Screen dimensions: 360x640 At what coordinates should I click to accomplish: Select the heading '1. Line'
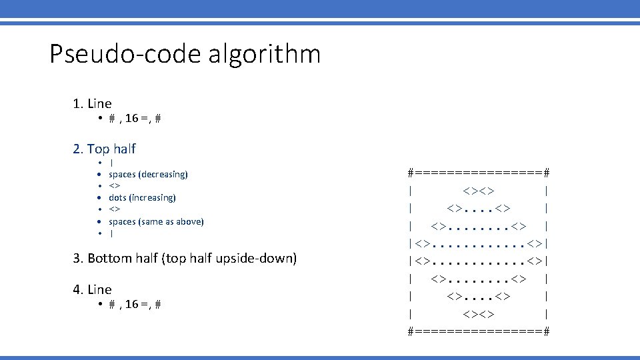coord(92,103)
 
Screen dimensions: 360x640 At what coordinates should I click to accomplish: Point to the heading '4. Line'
coord(92,289)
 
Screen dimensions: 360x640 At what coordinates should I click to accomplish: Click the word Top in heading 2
coord(98,149)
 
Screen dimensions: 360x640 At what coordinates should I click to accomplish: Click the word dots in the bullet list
coord(117,198)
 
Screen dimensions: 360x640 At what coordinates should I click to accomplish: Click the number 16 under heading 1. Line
coord(131,118)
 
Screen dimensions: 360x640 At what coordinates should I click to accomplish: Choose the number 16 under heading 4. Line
coord(131,304)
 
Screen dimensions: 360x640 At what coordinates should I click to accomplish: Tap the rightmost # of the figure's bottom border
coord(546,331)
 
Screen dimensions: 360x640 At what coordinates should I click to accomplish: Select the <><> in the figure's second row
coord(479,191)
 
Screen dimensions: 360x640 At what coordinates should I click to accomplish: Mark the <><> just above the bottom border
coord(479,313)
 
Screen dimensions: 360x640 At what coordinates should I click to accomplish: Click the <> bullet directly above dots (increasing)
coord(115,186)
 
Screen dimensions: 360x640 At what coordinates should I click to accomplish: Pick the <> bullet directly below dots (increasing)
coord(115,209)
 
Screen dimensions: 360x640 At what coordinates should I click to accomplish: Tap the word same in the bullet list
coord(155,221)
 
